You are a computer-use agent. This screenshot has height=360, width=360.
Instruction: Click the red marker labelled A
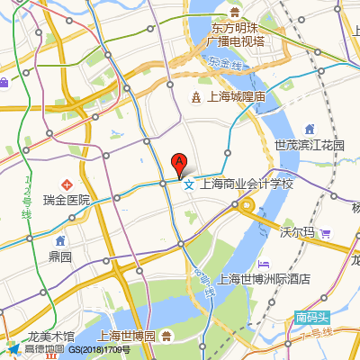click(x=179, y=165)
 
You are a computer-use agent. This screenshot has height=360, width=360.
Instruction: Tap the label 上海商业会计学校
click(x=247, y=184)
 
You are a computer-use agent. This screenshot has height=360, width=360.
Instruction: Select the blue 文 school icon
click(x=188, y=185)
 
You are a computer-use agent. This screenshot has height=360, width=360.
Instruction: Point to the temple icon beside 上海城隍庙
click(x=196, y=96)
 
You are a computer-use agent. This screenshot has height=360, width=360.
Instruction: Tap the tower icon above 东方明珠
click(x=233, y=12)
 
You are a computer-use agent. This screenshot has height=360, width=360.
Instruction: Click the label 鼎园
click(x=60, y=256)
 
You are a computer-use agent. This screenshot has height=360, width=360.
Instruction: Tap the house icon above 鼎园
click(x=60, y=241)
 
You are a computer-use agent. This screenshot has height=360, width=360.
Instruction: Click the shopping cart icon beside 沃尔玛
click(x=326, y=232)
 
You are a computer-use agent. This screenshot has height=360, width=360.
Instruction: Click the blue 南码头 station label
click(x=312, y=318)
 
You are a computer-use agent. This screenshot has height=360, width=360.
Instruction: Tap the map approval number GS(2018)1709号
click(x=100, y=350)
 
